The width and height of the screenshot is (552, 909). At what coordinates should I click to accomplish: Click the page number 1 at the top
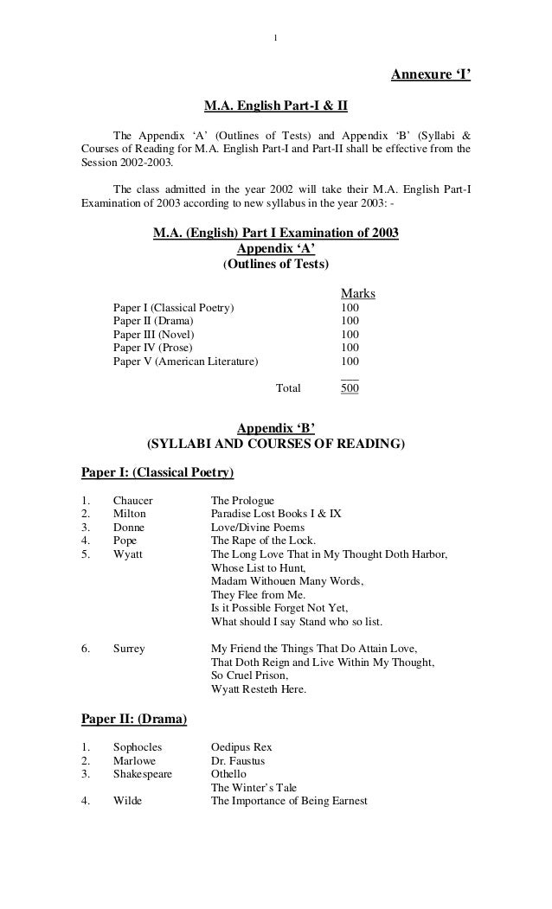[275, 37]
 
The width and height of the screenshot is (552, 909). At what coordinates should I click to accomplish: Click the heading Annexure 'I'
[431, 74]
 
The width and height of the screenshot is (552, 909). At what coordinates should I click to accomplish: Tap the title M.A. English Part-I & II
[275, 108]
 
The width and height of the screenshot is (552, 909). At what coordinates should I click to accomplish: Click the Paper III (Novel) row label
[154, 334]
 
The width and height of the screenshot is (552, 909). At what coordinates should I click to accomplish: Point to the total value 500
[350, 388]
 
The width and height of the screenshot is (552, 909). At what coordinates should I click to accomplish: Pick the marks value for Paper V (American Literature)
[350, 361]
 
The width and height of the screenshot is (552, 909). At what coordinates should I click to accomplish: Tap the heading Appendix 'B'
[275, 428]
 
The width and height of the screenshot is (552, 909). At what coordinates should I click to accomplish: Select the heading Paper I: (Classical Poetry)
[157, 473]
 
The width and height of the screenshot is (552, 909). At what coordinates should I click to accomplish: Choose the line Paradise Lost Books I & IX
[276, 513]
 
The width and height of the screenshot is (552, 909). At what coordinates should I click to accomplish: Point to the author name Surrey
[129, 649]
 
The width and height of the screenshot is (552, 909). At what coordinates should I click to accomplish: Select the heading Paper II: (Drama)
[134, 718]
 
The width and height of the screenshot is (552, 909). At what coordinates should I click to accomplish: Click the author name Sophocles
[138, 746]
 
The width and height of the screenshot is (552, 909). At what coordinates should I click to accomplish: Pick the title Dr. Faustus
[238, 761]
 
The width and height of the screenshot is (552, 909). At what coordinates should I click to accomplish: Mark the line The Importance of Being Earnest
[289, 801]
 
